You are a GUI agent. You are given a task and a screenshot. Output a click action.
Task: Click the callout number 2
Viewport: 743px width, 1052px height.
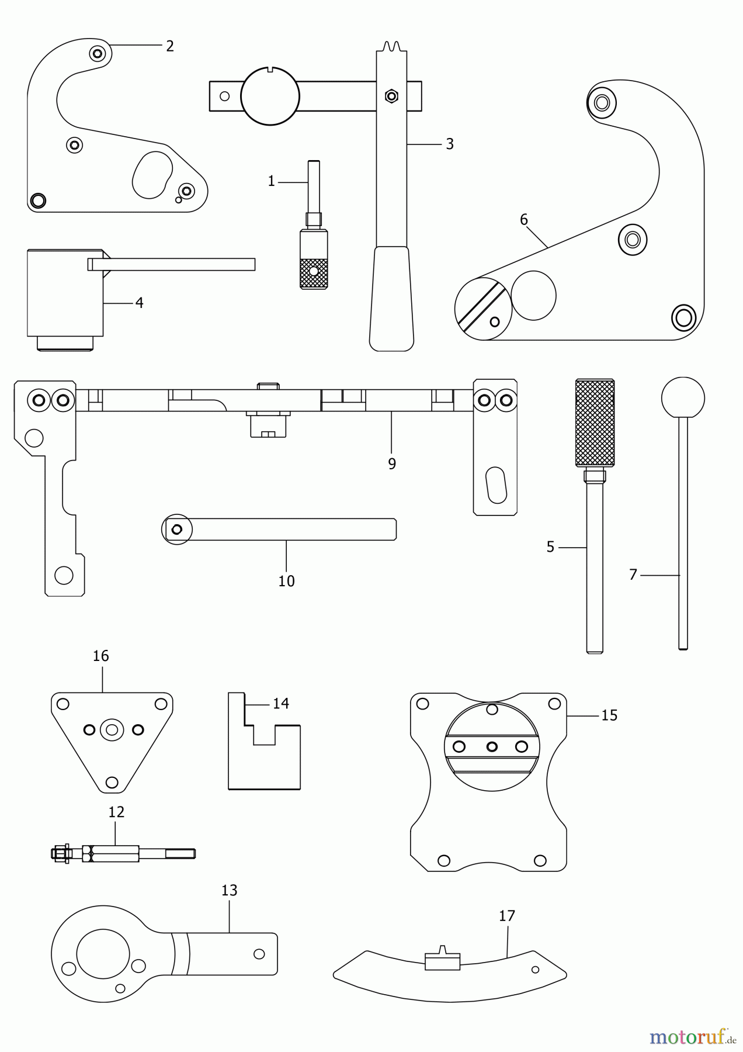169,46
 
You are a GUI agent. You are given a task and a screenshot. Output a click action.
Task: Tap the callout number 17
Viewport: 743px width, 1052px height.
506,916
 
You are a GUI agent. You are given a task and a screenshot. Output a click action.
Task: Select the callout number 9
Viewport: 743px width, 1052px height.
391,463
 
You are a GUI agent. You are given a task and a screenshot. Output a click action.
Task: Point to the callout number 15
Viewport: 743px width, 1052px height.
609,715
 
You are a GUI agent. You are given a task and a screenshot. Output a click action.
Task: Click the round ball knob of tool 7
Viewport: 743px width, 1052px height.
683,398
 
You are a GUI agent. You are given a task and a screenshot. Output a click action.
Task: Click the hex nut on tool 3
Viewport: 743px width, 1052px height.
392,95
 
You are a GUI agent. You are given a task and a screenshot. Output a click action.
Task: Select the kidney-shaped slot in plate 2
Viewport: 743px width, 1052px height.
152,175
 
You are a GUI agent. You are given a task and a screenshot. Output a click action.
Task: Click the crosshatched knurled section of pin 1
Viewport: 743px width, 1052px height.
314,272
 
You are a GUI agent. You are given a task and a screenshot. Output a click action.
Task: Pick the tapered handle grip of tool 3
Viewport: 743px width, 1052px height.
391,298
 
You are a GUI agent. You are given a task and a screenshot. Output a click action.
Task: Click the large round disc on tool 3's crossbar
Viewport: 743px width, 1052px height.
270,96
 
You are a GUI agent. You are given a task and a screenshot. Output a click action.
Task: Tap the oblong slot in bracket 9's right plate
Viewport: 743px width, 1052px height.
497,485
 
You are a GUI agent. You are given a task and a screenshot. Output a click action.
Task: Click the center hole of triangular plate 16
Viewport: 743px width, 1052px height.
112,729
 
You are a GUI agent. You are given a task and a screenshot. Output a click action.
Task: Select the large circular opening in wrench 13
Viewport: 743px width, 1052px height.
103,953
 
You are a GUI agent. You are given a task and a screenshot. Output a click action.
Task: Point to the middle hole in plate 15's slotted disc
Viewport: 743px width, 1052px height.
492,746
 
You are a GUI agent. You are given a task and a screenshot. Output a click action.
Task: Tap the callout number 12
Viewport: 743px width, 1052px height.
116,812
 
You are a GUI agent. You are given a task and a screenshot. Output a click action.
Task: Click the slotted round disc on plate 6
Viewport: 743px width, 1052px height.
482,309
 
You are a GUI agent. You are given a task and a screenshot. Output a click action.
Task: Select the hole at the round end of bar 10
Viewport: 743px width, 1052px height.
177,530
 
